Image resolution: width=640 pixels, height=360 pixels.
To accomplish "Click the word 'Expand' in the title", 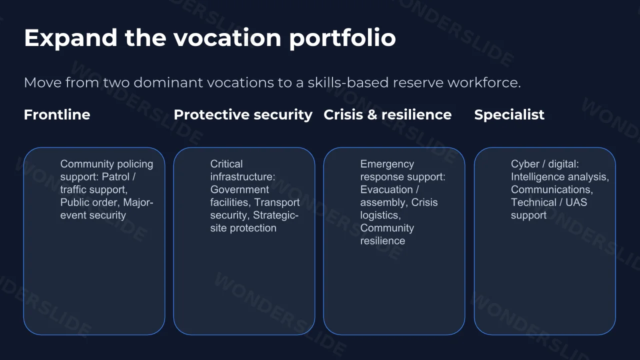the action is (x=70, y=38).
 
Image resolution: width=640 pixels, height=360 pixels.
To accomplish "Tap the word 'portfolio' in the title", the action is (x=342, y=38).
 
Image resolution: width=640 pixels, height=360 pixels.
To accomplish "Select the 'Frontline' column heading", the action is (x=57, y=114).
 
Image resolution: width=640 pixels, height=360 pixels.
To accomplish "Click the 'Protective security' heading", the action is (x=243, y=115).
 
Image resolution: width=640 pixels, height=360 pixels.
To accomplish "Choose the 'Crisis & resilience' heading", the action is (x=387, y=114).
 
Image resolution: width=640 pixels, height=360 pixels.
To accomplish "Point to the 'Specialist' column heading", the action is (x=509, y=115).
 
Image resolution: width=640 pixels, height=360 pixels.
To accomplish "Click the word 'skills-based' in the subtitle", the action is (x=348, y=82).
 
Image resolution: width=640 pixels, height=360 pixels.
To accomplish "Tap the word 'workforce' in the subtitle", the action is (x=484, y=82).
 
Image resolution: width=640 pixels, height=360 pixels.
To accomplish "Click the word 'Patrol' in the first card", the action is (x=115, y=176).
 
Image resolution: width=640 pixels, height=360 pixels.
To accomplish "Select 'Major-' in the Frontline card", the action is (x=138, y=202).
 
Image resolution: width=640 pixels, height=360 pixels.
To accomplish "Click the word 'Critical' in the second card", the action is (x=226, y=164).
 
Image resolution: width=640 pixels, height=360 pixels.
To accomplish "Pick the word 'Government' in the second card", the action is (x=239, y=189).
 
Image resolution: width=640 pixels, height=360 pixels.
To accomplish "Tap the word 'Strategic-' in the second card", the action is (x=275, y=215).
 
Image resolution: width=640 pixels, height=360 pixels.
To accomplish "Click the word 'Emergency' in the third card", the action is (x=387, y=164).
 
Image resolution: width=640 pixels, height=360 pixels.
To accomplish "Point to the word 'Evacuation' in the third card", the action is (x=386, y=189).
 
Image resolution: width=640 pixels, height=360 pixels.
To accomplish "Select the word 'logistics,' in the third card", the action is (x=380, y=215).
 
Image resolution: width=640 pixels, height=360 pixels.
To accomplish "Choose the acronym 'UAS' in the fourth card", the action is (x=576, y=202).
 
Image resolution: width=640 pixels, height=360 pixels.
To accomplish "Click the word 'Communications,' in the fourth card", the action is (x=552, y=189).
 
